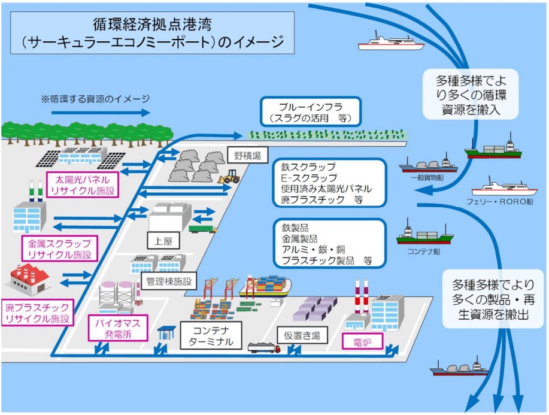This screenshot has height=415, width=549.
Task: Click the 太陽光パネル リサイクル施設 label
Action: (83, 185)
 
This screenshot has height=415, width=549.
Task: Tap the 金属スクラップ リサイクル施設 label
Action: (59, 249)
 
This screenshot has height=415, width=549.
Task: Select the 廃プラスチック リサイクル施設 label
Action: (38, 313)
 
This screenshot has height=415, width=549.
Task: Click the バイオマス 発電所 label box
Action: (117, 328)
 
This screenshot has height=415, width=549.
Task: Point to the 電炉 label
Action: (362, 341)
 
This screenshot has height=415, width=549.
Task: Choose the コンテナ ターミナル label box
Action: (211, 335)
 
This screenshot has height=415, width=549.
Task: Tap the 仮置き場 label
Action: (302, 335)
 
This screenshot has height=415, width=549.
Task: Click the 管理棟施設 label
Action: (169, 281)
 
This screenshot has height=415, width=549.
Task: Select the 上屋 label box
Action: (163, 241)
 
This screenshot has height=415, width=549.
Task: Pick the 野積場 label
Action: (247, 155)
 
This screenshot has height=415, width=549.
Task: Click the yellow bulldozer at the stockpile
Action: (229, 177)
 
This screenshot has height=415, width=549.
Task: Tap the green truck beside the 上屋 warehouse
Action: (203, 229)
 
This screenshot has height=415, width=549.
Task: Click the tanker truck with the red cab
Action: (263, 347)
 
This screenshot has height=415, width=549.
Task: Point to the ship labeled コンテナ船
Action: (424, 234)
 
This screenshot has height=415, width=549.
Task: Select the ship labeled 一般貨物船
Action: (428, 164)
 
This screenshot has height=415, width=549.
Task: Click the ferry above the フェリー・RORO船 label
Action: (504, 187)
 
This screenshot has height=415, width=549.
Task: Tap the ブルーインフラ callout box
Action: (310, 112)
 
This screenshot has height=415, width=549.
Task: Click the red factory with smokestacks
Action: (29, 279)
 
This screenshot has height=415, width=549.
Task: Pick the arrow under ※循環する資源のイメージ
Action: (101, 113)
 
